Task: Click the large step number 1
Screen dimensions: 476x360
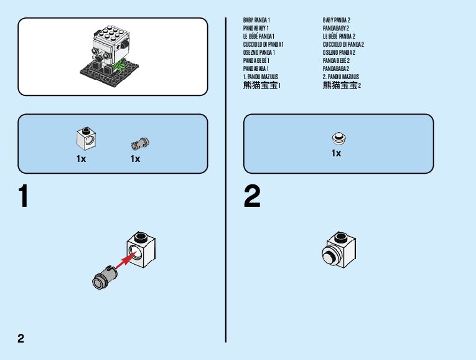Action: tap(24, 197)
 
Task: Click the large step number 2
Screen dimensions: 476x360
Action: tap(252, 197)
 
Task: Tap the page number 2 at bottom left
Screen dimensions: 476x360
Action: tap(21, 339)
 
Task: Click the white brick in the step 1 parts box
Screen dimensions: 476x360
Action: tap(85, 138)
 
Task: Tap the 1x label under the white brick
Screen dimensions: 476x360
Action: tap(81, 159)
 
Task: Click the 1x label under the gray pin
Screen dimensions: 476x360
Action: tap(135, 159)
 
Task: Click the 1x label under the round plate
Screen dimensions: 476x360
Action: tap(336, 153)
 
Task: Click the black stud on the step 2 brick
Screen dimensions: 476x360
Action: tap(341, 237)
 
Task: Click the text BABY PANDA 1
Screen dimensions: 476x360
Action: tap(256, 21)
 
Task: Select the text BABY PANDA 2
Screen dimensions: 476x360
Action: tap(337, 21)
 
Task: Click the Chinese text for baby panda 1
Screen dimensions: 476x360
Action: tap(261, 85)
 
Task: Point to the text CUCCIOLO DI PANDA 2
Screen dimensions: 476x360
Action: tap(343, 45)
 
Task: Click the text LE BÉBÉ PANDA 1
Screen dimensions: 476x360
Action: tap(258, 37)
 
